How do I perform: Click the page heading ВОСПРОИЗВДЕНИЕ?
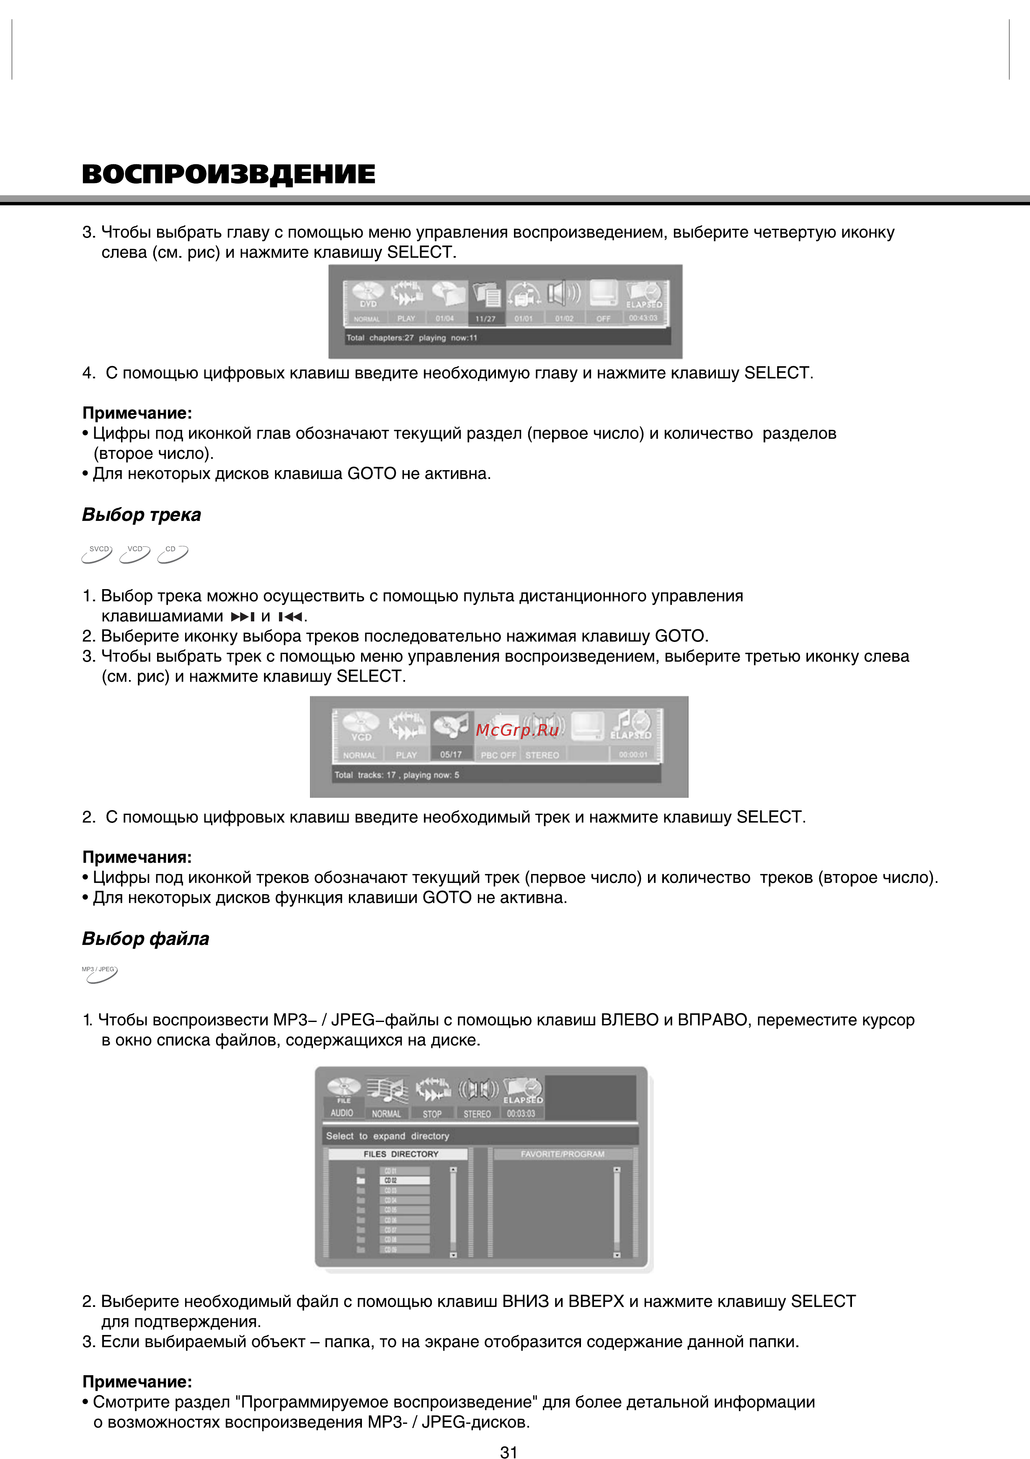(228, 174)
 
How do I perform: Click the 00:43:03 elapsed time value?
(643, 318)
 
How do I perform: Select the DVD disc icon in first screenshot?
(368, 294)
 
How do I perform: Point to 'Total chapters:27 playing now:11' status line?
(412, 337)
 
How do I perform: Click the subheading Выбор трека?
(141, 514)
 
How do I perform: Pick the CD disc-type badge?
(173, 554)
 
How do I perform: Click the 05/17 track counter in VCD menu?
(451, 754)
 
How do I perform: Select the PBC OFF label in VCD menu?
(498, 755)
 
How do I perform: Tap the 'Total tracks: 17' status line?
(397, 775)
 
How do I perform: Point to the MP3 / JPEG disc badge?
(100, 973)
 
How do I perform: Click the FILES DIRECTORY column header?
(400, 1154)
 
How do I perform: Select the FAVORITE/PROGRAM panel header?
(563, 1154)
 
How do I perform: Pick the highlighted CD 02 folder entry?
(404, 1180)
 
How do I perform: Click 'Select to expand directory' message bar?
(387, 1136)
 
